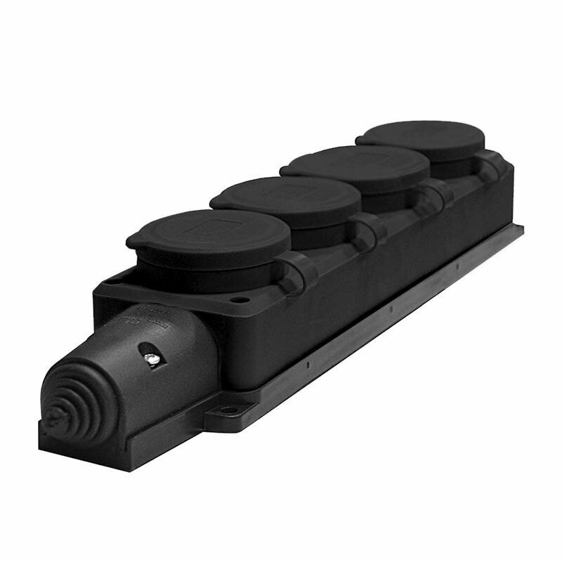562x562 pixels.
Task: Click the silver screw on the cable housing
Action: [150, 359]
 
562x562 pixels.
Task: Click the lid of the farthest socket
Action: [421, 138]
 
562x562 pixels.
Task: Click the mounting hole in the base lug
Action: [229, 410]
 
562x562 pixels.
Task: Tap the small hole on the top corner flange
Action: [240, 299]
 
